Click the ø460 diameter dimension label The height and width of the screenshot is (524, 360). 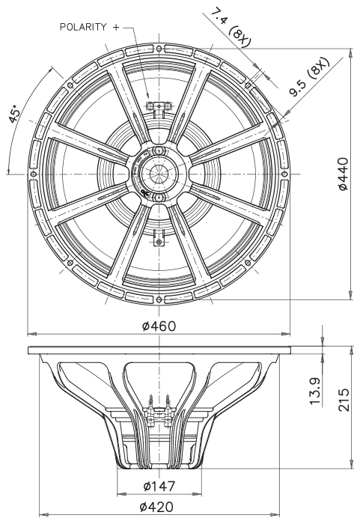[159, 326]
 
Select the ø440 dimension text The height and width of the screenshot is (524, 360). [344, 174]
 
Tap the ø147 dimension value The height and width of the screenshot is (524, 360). [159, 487]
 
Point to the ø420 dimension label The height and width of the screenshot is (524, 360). [156, 507]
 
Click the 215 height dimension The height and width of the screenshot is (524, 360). [344, 400]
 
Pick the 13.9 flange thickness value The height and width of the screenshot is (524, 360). [315, 391]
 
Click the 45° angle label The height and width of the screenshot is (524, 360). [14, 115]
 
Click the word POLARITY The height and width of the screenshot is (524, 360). [83, 27]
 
